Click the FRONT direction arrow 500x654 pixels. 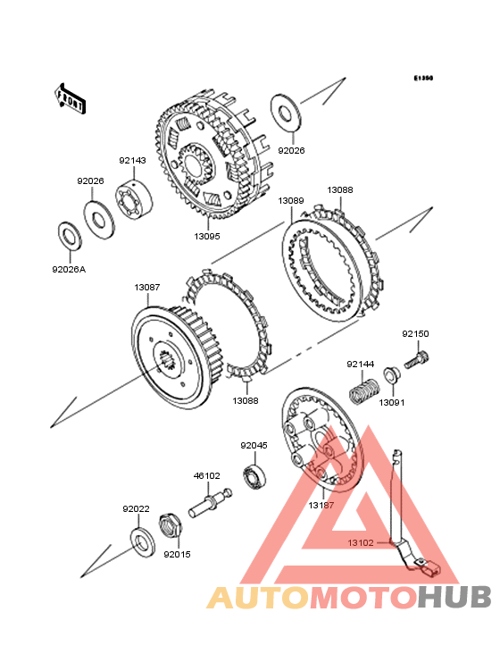point(70,98)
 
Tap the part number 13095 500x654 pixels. point(207,236)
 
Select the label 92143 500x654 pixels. point(132,161)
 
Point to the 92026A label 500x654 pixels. point(69,270)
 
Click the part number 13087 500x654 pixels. point(147,288)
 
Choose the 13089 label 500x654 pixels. point(291,201)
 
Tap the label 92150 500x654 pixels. point(415,333)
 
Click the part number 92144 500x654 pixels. point(361,365)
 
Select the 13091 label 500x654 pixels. point(392,402)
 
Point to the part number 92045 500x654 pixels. point(254,446)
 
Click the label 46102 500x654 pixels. point(206,475)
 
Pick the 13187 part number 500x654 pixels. point(321,505)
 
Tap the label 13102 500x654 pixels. point(361,542)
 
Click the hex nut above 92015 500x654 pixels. point(171,527)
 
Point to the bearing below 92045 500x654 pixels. point(254,475)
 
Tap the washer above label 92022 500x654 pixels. point(144,544)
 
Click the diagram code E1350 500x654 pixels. point(423,78)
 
